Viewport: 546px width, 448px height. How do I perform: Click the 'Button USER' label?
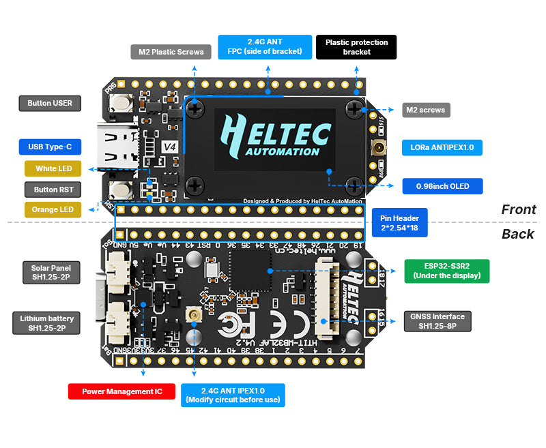click(x=50, y=104)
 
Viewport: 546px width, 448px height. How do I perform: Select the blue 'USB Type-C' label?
click(x=50, y=147)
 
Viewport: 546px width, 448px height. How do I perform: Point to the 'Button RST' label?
click(x=50, y=190)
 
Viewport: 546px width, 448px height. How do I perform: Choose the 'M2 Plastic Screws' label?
click(x=171, y=52)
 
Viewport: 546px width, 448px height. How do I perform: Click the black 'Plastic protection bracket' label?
click(x=356, y=47)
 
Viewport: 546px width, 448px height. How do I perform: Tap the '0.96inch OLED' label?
click(x=442, y=186)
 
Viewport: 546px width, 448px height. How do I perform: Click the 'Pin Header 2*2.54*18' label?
click(x=400, y=222)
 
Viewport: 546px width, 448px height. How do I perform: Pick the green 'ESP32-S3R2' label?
click(x=447, y=271)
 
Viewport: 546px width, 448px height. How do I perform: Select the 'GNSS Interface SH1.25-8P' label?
click(x=437, y=321)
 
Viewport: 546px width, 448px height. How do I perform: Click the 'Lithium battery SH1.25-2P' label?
click(x=46, y=323)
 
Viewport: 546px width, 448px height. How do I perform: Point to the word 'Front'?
click(x=519, y=209)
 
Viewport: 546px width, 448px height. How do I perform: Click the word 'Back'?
click(x=518, y=234)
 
